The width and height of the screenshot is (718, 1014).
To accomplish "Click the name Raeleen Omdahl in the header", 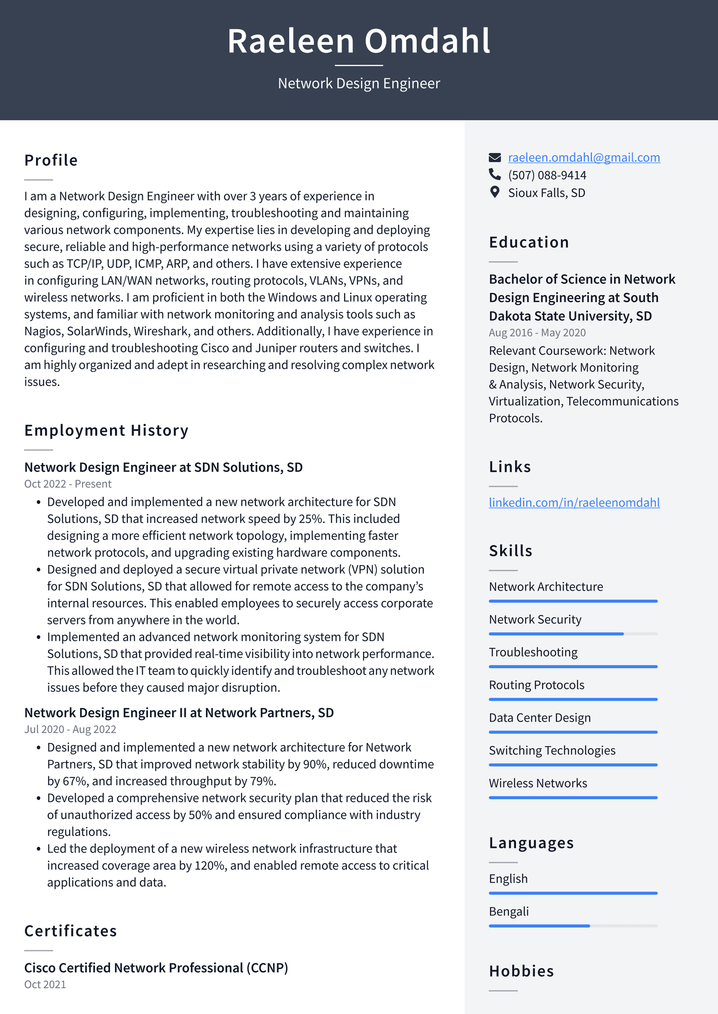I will click(x=359, y=41).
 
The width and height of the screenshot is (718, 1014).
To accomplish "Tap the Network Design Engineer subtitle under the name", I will click(x=359, y=83).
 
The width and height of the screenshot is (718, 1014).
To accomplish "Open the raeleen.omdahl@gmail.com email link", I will click(x=583, y=157).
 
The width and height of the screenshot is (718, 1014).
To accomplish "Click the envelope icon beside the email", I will click(x=495, y=157).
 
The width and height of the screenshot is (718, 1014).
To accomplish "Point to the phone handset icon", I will click(x=495, y=174).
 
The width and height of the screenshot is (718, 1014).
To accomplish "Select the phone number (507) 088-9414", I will click(x=547, y=175).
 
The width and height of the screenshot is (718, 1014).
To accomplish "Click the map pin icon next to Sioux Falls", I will click(x=495, y=192).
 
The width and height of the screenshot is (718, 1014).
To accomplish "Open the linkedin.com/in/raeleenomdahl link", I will click(x=574, y=502).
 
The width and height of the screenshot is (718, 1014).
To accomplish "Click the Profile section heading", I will click(x=51, y=160).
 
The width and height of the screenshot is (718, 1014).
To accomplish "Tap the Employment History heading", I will click(x=106, y=430).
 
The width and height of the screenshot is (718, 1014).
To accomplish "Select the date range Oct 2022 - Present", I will click(x=68, y=484).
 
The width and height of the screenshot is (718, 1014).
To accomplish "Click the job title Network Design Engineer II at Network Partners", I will click(x=179, y=713).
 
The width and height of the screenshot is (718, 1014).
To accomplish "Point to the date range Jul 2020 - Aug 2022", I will click(x=70, y=729).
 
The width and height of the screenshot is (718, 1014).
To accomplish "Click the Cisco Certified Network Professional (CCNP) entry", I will click(x=156, y=968).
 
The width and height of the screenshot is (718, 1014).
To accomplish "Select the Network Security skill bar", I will click(x=573, y=634).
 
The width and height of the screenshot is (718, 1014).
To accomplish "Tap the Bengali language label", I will click(x=508, y=912).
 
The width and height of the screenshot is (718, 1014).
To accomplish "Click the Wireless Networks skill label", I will click(x=538, y=783).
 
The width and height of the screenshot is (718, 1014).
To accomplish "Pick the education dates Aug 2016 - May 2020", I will click(x=537, y=333).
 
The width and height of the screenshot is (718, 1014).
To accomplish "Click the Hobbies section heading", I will click(x=521, y=971).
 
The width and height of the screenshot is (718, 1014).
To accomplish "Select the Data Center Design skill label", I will click(x=539, y=718).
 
